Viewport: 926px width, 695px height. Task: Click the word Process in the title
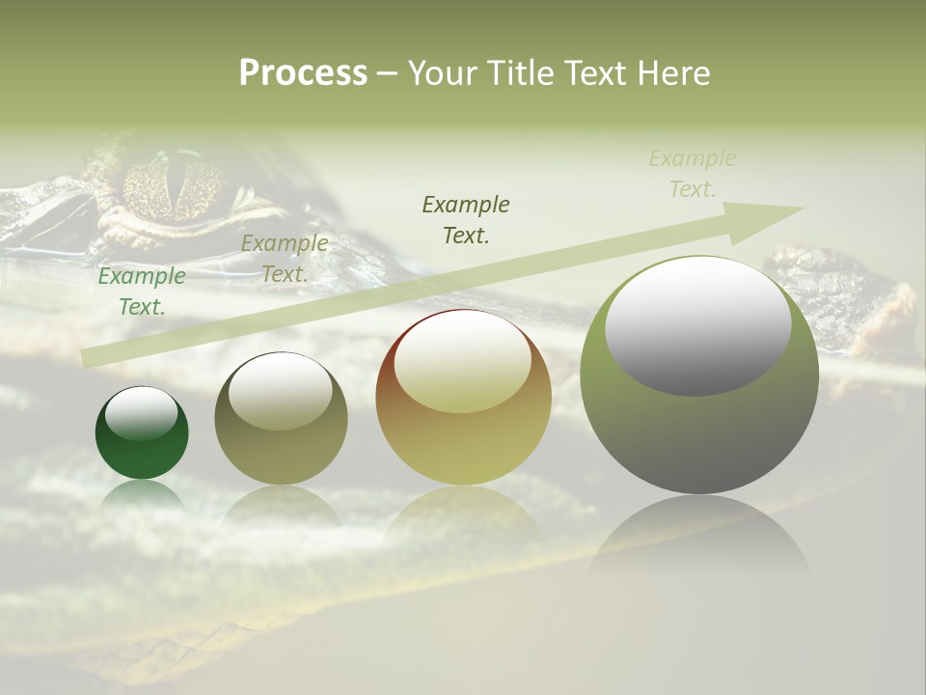(x=303, y=72)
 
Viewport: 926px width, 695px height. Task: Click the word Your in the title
(x=443, y=72)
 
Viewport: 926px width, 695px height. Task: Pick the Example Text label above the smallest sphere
(x=142, y=292)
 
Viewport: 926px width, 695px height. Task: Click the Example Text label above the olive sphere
(x=285, y=259)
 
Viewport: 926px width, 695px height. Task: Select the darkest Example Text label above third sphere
(x=466, y=219)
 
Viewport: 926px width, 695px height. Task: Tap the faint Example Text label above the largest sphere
(x=693, y=174)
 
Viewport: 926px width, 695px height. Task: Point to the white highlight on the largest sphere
(x=697, y=326)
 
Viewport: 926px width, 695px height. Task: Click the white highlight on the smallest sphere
(x=141, y=413)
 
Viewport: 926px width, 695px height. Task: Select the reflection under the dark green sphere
(x=142, y=494)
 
